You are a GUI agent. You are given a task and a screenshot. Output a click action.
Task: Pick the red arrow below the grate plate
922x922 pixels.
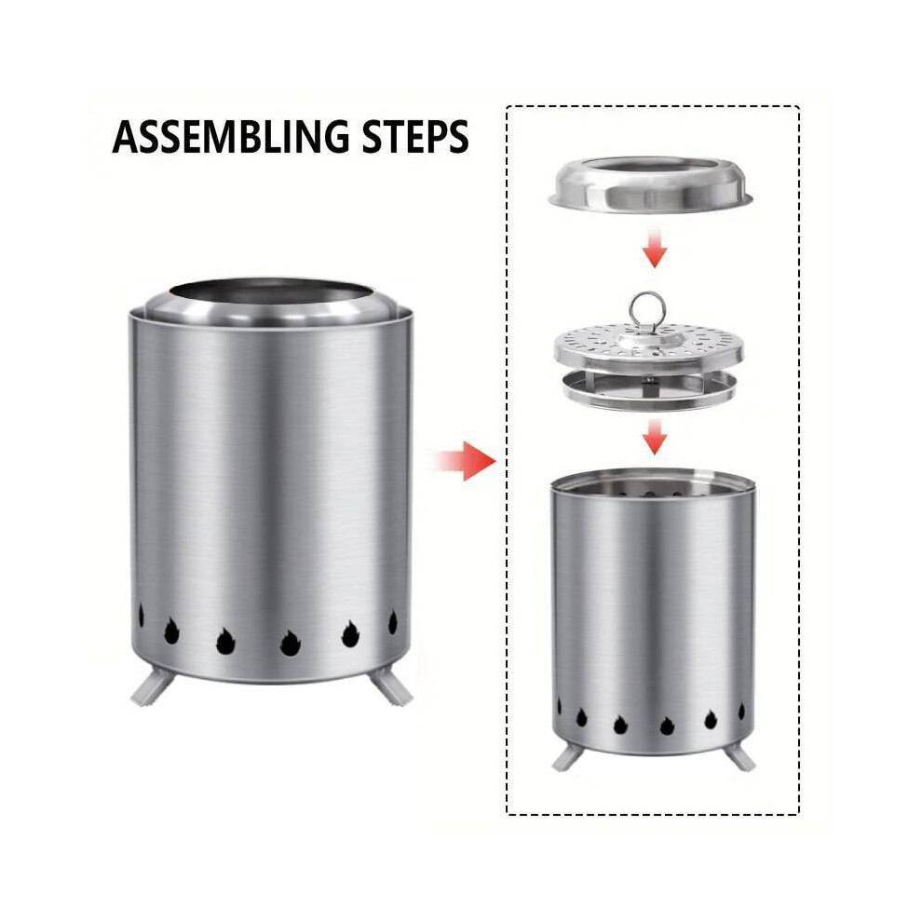(654, 436)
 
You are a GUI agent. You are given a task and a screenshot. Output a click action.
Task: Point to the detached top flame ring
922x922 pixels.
(650, 183)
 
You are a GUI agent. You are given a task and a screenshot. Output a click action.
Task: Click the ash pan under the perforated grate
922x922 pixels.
(649, 391)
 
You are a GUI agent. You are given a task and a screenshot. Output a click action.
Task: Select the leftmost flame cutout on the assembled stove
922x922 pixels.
(142, 616)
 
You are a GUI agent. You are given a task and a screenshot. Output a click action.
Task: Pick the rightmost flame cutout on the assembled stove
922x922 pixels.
(393, 622)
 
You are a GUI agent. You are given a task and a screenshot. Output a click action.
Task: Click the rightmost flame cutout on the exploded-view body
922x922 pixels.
(741, 712)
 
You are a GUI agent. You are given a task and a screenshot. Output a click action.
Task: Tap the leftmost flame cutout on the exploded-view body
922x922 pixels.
(559, 707)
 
